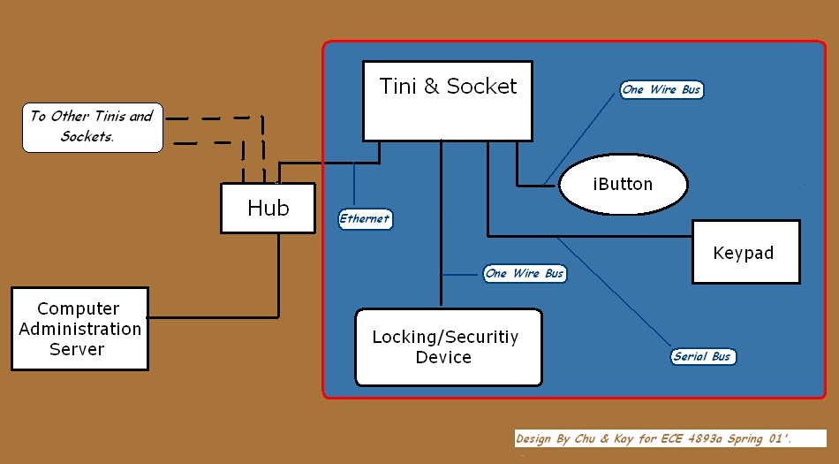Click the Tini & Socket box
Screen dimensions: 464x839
(448, 100)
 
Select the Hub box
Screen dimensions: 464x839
(268, 208)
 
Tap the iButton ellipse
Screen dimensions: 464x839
(623, 185)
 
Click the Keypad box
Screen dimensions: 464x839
(745, 252)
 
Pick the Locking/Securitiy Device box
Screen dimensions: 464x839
(448, 346)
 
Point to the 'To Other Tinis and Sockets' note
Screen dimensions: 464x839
(92, 126)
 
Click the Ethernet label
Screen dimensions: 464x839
(365, 218)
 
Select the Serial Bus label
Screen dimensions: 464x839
(702, 356)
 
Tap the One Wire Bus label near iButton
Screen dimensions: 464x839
(661, 89)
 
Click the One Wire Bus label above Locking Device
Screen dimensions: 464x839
(524, 273)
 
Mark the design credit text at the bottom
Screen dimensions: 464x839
(654, 438)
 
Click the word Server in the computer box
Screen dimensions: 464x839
(77, 349)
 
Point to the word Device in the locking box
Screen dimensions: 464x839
(443, 357)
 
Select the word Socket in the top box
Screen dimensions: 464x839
(481, 86)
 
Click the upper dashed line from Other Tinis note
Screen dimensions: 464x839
(212, 117)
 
